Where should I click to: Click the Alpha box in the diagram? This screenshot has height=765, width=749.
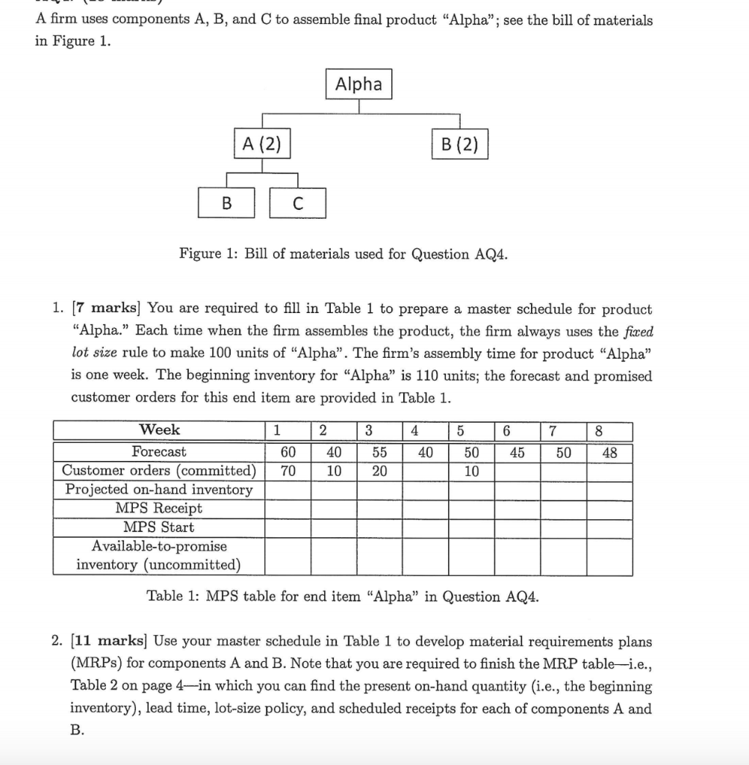pyautogui.click(x=358, y=84)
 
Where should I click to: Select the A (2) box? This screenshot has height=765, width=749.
pyautogui.click(x=261, y=144)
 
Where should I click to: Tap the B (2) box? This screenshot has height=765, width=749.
pyautogui.click(x=459, y=144)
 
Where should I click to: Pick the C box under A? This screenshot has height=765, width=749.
pyautogui.click(x=296, y=202)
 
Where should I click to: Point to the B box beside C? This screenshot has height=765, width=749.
pyautogui.click(x=226, y=202)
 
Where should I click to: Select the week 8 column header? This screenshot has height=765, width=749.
pyautogui.click(x=609, y=431)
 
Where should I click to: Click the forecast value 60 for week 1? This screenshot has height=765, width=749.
pyautogui.click(x=288, y=452)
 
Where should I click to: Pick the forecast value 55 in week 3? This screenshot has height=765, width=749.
pyautogui.click(x=379, y=452)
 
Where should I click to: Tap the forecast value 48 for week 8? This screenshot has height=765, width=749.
pyautogui.click(x=609, y=452)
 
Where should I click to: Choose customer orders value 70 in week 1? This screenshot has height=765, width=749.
pyautogui.click(x=288, y=471)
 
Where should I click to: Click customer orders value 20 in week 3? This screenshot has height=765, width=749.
pyautogui.click(x=379, y=471)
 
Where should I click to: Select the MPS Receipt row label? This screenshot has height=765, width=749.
pyautogui.click(x=159, y=508)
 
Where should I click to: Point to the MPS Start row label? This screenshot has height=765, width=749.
pyautogui.click(x=159, y=527)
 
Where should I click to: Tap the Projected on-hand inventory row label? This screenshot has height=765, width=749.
pyautogui.click(x=159, y=489)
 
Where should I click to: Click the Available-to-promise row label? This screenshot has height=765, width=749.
pyautogui.click(x=159, y=555)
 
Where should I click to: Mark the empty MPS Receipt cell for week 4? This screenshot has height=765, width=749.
pyautogui.click(x=425, y=508)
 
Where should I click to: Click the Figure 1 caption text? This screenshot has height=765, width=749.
pyautogui.click(x=344, y=254)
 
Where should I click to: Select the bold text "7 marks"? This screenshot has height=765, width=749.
pyautogui.click(x=119, y=309)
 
